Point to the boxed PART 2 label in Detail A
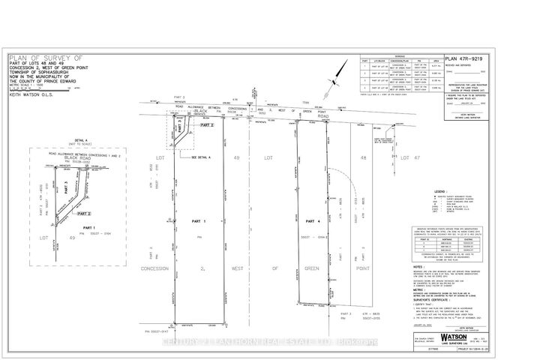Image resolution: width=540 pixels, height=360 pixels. [x=92, y=214]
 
